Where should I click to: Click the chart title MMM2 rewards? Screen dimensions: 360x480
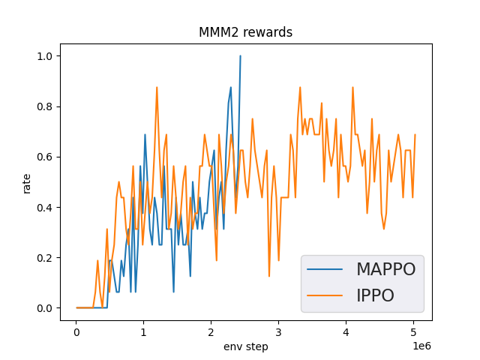pyautogui.click(x=245, y=32)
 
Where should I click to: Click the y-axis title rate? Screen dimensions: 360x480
pyautogui.click(x=27, y=182)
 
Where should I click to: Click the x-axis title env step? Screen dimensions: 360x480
pyautogui.click(x=245, y=346)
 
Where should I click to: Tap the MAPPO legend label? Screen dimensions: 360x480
pyautogui.click(x=385, y=269)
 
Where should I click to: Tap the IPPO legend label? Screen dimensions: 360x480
pyautogui.click(x=374, y=295)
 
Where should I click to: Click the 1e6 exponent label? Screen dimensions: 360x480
pyautogui.click(x=422, y=345)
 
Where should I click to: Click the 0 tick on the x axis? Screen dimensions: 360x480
pyautogui.click(x=76, y=331)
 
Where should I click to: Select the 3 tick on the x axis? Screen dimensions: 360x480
pyautogui.click(x=278, y=331)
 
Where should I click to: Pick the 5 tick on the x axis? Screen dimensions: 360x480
pyautogui.click(x=413, y=331)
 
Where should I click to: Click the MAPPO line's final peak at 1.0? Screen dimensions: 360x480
pyautogui.click(x=240, y=55)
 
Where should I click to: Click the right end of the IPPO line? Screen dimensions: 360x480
pyautogui.click(x=415, y=135)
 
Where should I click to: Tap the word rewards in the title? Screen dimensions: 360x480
pyautogui.click(x=268, y=32)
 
